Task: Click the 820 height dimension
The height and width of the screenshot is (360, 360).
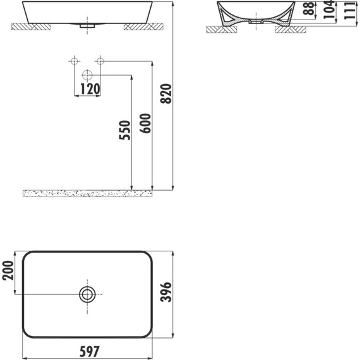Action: click(x=167, y=93)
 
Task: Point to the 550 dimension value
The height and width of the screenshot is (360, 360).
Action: click(x=124, y=131)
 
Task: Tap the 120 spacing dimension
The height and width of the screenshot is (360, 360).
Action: click(x=89, y=89)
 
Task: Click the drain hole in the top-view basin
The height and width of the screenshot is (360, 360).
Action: click(x=87, y=293)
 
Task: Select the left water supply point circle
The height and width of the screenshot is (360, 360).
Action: click(x=74, y=61)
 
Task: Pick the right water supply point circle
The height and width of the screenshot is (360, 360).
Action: click(x=99, y=61)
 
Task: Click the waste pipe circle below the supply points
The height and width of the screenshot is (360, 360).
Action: click(x=87, y=76)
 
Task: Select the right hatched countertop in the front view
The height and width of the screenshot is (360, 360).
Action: click(x=143, y=27)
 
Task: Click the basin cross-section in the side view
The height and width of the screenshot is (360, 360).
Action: click(x=228, y=14)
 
